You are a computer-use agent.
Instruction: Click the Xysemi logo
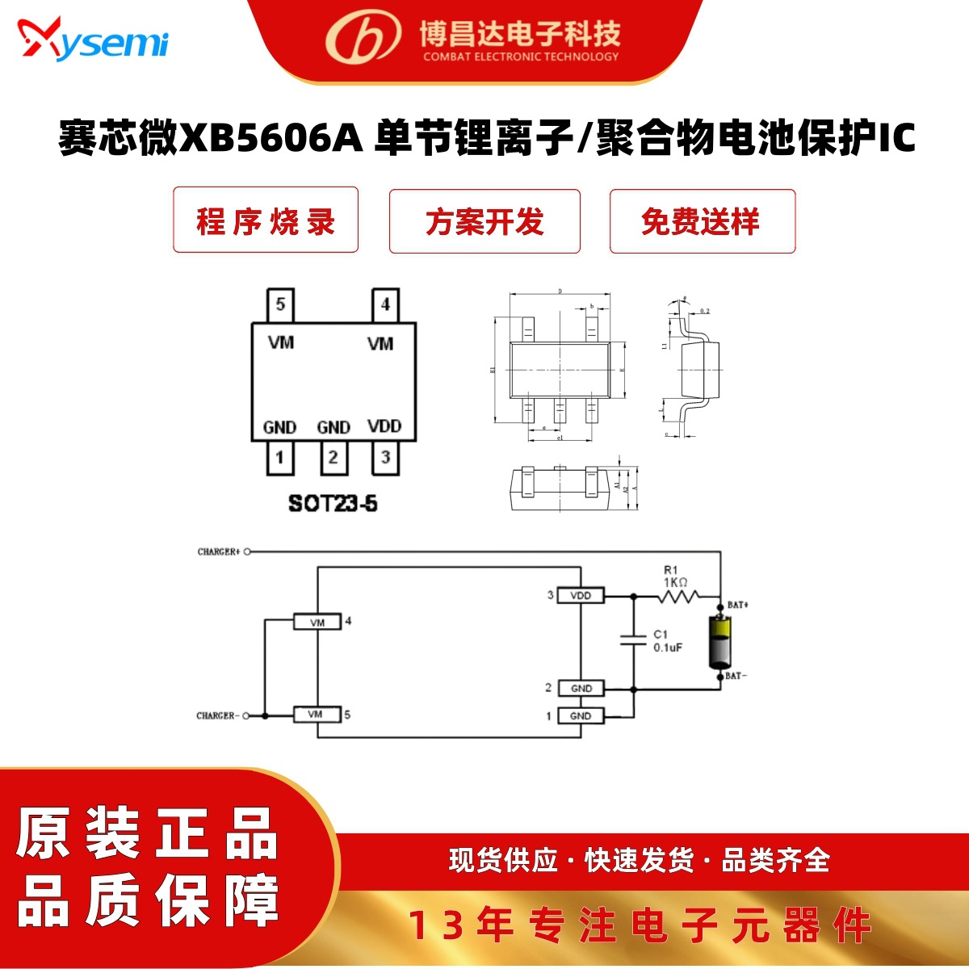93,39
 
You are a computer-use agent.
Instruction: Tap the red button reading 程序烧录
266,220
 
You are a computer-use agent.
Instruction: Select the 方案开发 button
484,221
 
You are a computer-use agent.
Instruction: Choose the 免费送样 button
702,221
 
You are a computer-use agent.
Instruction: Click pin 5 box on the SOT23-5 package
280,305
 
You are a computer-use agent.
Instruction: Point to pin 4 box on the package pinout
385,305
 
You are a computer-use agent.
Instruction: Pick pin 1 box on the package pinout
280,458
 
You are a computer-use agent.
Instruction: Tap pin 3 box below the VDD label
385,458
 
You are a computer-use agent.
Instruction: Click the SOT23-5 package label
333,503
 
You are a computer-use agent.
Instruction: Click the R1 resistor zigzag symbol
678,597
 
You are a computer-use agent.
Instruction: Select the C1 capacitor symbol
632,640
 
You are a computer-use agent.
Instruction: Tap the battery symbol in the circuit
719,642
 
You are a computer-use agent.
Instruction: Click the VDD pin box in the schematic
581,596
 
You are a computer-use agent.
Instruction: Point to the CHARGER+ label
219,552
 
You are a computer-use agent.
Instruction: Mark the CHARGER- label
216,715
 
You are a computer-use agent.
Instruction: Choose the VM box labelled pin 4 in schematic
317,623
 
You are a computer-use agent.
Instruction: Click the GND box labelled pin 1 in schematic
581,716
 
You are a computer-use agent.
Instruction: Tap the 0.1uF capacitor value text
668,648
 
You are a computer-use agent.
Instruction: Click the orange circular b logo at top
363,36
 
